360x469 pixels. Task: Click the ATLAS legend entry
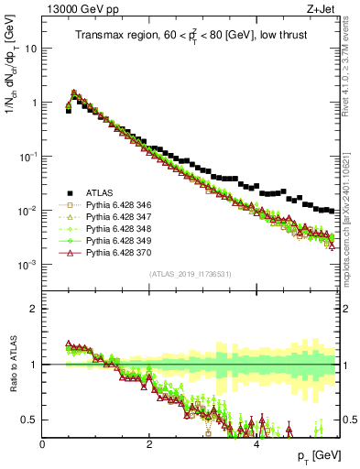tap(99, 192)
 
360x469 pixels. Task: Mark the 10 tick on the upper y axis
tap(31, 49)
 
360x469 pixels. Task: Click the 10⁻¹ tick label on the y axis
tap(27, 157)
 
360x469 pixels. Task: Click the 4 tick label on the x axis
tap(256, 443)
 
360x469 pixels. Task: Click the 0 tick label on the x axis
tap(42, 443)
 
